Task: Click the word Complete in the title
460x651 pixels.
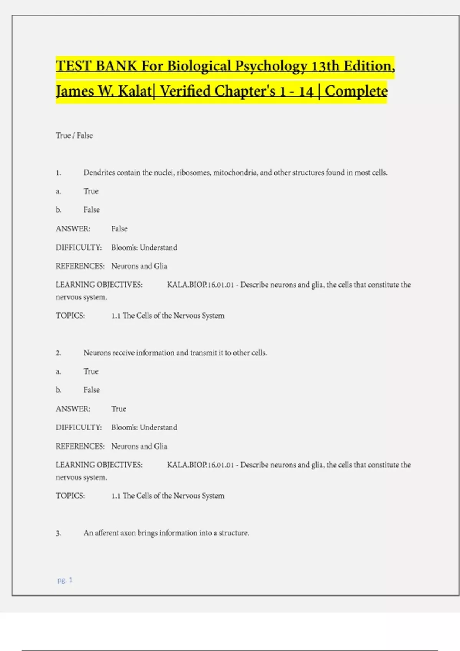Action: pos(356,91)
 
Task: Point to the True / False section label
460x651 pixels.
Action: pos(74,136)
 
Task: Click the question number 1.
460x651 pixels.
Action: pos(59,173)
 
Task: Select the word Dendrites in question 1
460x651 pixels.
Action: pos(99,173)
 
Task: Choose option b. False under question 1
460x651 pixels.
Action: pos(91,210)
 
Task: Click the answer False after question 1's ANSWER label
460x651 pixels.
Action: pos(119,229)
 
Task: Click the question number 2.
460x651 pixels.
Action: pos(59,353)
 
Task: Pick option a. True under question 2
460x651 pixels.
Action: pos(91,371)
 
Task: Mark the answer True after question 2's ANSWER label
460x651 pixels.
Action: pos(118,409)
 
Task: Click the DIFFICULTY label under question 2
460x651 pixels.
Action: pos(79,427)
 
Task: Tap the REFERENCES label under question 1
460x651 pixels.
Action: pos(80,266)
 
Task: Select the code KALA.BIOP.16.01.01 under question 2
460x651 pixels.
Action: pos(200,465)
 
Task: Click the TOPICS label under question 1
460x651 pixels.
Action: pos(70,316)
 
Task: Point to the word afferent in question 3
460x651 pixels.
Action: pos(107,533)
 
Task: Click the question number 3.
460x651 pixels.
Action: pos(59,533)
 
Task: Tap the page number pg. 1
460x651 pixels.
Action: pos(65,580)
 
